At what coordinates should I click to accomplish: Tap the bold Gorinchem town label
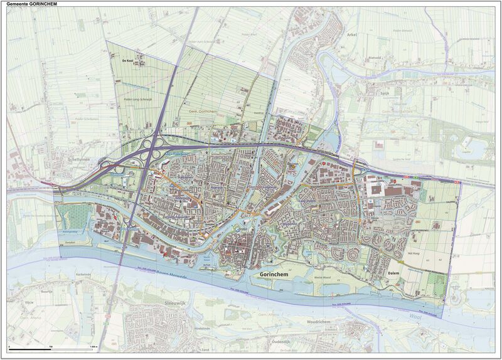click(x=274, y=275)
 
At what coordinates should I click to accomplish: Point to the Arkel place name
click(x=351, y=35)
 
